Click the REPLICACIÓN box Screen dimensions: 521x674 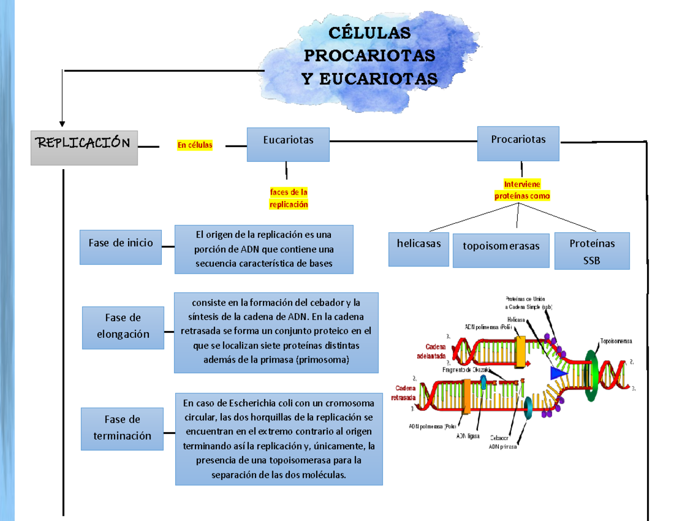click(84, 147)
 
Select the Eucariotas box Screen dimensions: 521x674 click(288, 144)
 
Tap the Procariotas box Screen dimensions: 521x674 click(518, 143)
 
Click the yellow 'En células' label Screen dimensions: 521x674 click(195, 146)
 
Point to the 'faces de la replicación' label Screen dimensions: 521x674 click(289, 198)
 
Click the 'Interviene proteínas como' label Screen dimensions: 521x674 click(522, 191)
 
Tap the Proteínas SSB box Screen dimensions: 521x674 click(592, 251)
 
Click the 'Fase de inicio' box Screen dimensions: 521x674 click(121, 247)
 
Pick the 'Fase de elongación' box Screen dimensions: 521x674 click(123, 328)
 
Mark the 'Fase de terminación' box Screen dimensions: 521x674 click(123, 429)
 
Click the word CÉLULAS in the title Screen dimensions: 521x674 click(369, 34)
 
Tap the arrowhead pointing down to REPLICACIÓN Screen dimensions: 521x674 click(62, 123)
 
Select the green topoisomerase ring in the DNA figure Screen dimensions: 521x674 click(591, 375)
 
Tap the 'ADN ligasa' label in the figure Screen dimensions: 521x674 click(467, 436)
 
